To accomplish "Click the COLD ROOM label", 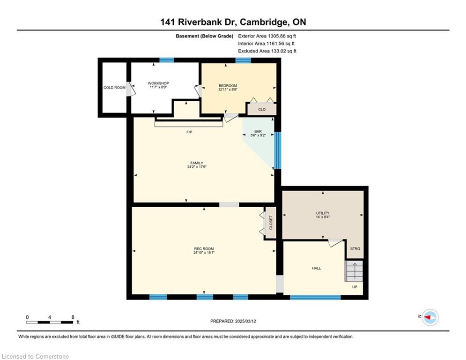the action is point(114,88).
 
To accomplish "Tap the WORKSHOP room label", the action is point(158,83).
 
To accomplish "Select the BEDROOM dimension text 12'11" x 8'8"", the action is point(228,89).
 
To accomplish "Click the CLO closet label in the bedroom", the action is point(262,110).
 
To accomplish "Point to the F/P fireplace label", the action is point(189,132).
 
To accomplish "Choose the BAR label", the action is point(258,131).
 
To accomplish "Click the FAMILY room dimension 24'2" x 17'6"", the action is point(197,167).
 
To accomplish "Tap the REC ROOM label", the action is point(204,249).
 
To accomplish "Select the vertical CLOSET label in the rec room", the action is point(271,223).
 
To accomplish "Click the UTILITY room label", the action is point(323,213).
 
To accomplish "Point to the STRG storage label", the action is point(355,249).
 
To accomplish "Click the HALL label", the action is point(317,269).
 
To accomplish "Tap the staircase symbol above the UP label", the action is point(354,271).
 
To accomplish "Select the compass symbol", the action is point(430,317).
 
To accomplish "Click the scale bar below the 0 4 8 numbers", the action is point(50,322).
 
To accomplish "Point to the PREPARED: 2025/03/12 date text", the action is point(233,321).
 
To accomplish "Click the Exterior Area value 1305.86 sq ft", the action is point(282,36).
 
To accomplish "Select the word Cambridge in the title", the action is point(264,22).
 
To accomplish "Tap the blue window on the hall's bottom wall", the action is point(315,297).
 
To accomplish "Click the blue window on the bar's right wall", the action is point(277,150).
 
